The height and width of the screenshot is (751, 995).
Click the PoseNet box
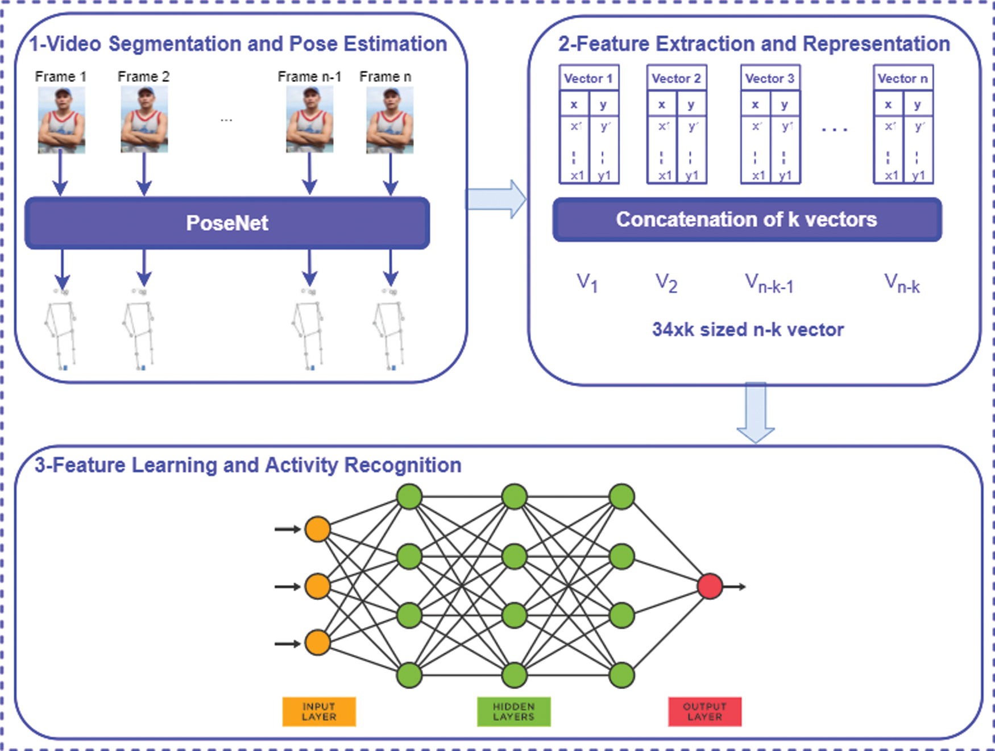[227, 223]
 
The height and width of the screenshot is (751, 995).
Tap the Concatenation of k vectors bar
[747, 219]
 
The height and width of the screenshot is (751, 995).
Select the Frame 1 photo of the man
[61, 120]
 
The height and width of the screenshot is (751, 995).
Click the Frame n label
[385, 76]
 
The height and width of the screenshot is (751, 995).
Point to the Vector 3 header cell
[769, 78]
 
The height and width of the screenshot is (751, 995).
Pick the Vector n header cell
[902, 78]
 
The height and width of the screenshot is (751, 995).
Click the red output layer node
[710, 586]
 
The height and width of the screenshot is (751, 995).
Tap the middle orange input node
[317, 586]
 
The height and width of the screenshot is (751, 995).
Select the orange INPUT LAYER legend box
[319, 711]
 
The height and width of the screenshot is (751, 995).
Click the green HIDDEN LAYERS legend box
[513, 711]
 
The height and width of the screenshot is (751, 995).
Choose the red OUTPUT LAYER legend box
[704, 711]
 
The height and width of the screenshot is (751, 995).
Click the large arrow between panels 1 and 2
[496, 199]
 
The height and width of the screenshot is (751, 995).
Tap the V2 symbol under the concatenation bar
[666, 283]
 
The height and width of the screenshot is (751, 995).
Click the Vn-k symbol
[902, 283]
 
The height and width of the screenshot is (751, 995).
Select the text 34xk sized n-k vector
[748, 329]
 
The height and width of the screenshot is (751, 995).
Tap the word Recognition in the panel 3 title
[403, 465]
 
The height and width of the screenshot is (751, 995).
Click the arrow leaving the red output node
[735, 586]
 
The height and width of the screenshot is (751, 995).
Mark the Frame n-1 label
[309, 76]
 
